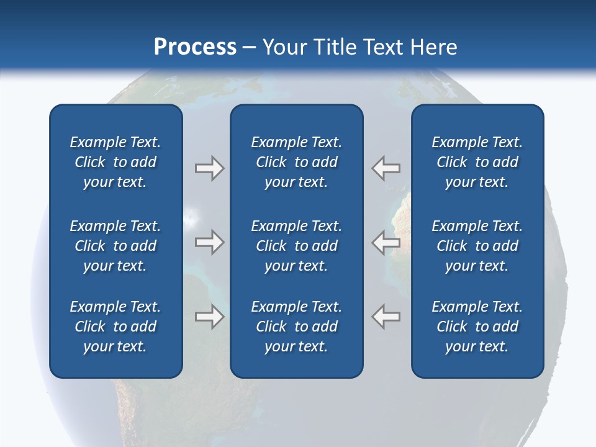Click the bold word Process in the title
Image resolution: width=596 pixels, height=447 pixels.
click(x=195, y=47)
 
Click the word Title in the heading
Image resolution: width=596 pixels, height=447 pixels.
click(x=336, y=47)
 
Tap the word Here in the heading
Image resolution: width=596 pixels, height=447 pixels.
click(x=434, y=47)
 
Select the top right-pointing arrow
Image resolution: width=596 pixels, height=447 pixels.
click(x=209, y=168)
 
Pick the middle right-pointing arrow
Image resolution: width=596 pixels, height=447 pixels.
click(x=209, y=242)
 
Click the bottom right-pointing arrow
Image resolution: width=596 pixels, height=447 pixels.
click(x=209, y=317)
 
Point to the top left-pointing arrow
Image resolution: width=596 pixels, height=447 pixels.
click(x=386, y=168)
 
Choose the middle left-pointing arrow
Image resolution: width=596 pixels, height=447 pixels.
click(x=386, y=242)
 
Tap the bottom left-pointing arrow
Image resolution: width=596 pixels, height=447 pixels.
click(x=386, y=317)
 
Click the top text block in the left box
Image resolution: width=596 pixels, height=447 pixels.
click(x=115, y=162)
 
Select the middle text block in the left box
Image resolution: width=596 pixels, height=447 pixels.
click(x=115, y=246)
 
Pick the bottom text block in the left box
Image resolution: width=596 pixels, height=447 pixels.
click(x=115, y=327)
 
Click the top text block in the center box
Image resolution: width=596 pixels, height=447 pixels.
click(x=297, y=162)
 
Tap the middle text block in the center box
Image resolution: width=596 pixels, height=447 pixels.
click(x=297, y=246)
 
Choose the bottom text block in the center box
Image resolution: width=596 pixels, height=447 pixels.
click(x=297, y=327)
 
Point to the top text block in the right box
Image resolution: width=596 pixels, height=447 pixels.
click(x=477, y=162)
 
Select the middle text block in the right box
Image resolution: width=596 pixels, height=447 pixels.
click(x=477, y=246)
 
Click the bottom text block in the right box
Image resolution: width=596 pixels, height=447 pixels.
click(x=477, y=327)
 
